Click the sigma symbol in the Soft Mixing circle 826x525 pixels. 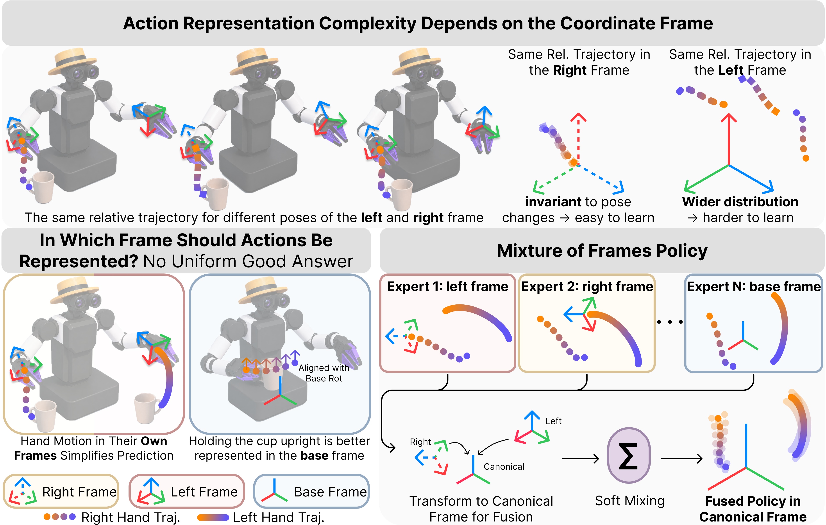click(628, 456)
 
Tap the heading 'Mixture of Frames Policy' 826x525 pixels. click(602, 251)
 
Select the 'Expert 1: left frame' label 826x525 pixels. click(447, 286)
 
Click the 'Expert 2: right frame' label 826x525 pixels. click(587, 286)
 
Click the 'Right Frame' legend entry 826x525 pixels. click(61, 491)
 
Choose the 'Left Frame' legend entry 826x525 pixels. click(187, 491)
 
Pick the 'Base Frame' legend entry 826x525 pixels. click(311, 491)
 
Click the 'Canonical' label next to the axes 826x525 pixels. click(504, 467)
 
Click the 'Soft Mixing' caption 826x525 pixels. click(630, 501)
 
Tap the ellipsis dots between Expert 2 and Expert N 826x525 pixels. click(670, 322)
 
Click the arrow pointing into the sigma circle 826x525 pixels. click(580, 458)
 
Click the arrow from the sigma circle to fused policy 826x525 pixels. click(682, 458)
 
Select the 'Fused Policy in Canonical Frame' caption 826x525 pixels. click(753, 509)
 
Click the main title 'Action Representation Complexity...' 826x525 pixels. click(418, 23)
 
